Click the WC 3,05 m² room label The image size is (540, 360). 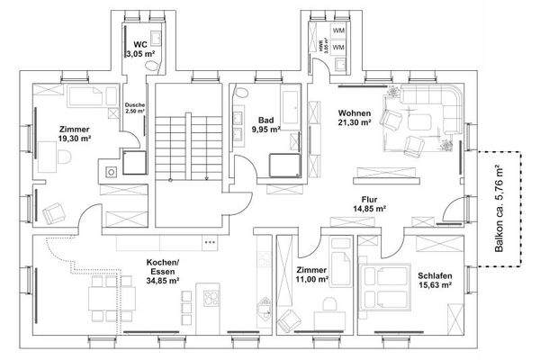tap(139, 49)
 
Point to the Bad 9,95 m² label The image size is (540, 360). tap(265, 124)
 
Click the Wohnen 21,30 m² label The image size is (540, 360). tap(355, 118)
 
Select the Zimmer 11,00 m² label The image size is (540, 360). tap(310, 275)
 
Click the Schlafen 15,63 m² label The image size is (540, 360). tap(434, 280)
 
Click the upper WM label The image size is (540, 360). tap(339, 31)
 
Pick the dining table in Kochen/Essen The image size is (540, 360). tap(103, 298)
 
